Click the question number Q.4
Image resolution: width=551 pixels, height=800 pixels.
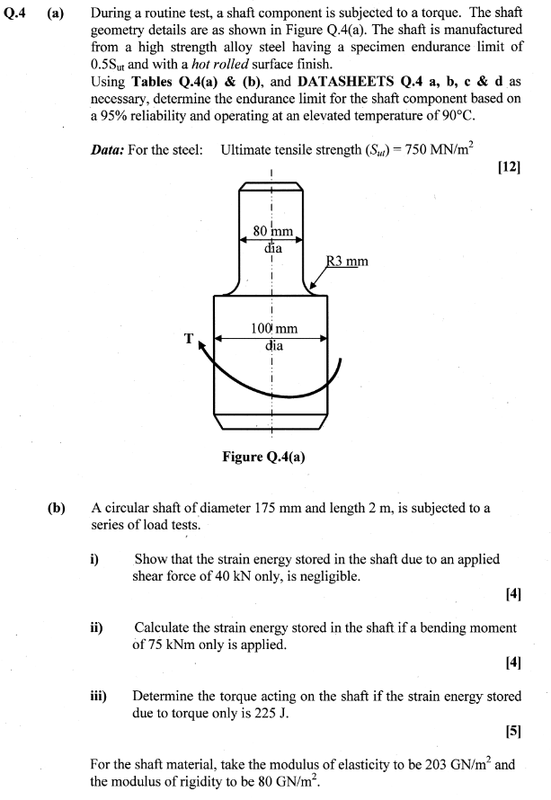(x=18, y=15)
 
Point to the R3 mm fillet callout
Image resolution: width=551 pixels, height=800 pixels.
(x=347, y=262)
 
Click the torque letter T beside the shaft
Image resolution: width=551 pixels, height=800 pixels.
(x=189, y=339)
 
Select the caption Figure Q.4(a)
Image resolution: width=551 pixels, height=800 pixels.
(x=264, y=456)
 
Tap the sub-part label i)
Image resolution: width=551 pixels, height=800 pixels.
(x=94, y=559)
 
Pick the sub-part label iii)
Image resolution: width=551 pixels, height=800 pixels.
(x=98, y=696)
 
